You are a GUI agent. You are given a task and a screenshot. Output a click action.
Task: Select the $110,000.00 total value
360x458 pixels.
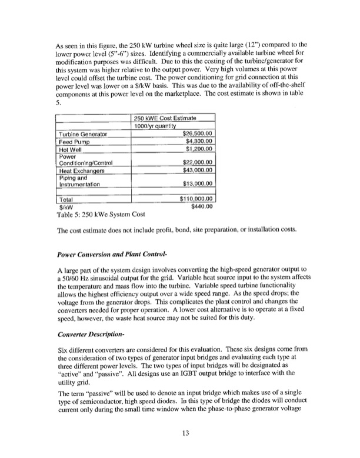(191, 199)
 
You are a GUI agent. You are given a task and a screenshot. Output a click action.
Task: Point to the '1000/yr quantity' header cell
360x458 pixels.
(156, 125)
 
